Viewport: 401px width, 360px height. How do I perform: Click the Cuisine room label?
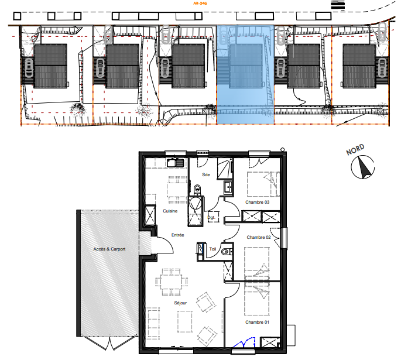tap(170, 211)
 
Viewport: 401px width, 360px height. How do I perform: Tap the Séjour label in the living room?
tap(180, 303)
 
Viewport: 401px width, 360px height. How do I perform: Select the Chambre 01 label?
tap(257, 322)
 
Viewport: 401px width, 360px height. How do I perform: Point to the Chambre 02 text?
tap(259, 237)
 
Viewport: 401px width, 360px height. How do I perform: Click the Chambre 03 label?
tap(257, 203)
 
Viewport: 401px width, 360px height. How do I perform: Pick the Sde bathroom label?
tap(206, 174)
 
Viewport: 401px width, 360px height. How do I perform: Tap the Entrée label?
tap(178, 235)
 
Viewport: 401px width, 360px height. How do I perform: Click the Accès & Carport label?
tap(109, 249)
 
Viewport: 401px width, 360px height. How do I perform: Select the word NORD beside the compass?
tap(355, 150)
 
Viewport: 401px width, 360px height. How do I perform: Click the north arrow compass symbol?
tap(362, 167)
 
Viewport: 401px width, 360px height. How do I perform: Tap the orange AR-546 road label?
tap(200, 4)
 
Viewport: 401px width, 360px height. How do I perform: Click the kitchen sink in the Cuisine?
tap(175, 163)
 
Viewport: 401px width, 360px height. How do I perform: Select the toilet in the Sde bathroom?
tap(197, 190)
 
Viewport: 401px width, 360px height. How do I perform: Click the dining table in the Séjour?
tap(171, 282)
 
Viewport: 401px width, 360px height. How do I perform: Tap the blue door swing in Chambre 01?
tap(245, 342)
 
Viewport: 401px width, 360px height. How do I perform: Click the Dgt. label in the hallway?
tap(211, 218)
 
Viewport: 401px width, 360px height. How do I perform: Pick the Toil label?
tap(213, 249)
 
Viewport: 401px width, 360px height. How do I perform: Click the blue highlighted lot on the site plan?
tap(245, 74)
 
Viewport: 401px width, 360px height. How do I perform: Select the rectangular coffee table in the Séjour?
tap(185, 321)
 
